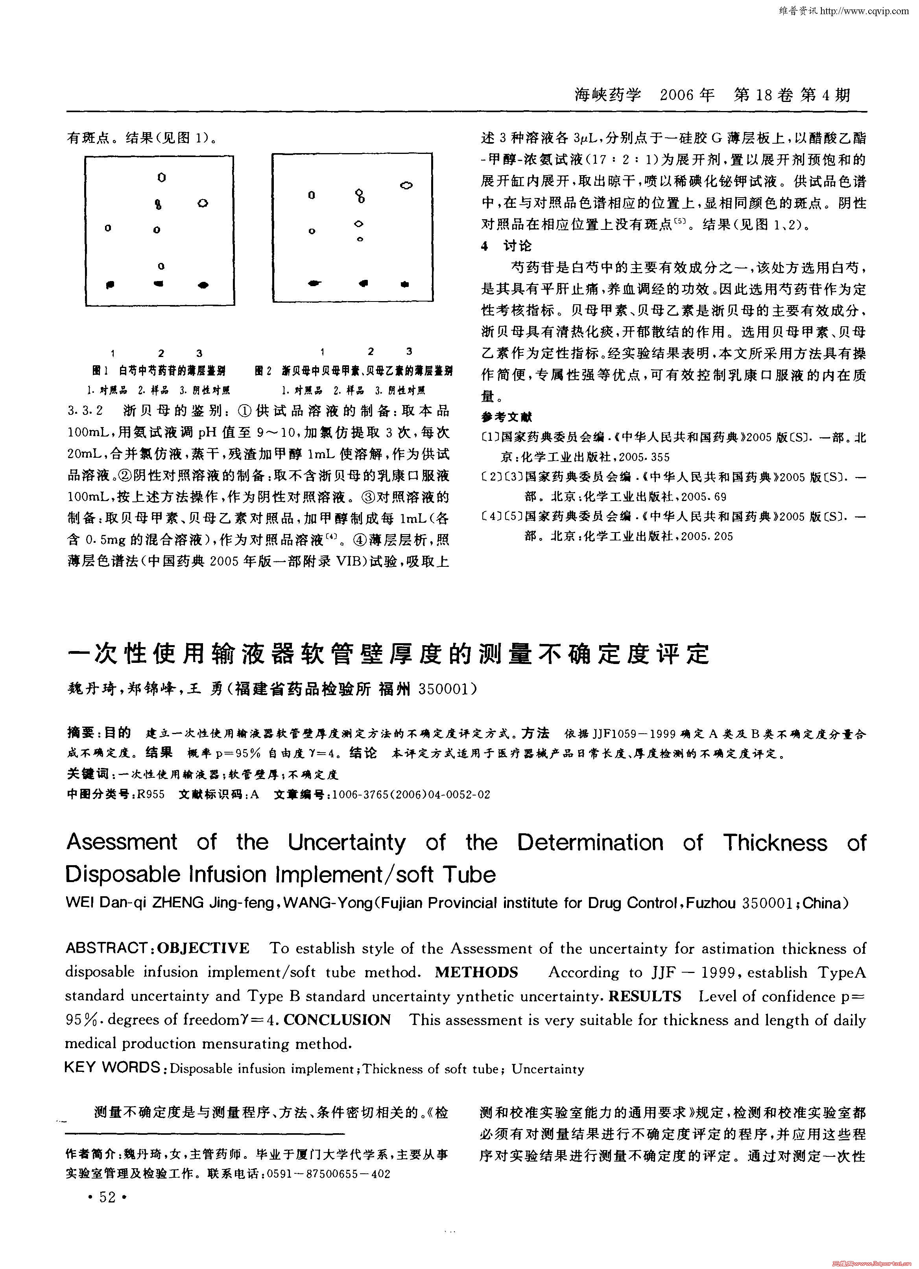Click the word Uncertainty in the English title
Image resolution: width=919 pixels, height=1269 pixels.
347,842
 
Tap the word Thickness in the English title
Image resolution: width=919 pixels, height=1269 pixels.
774,842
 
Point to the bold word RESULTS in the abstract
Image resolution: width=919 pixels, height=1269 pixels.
644,996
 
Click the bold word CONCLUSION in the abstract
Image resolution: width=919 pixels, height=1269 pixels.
337,1019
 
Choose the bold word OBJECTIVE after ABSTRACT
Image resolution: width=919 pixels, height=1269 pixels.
204,948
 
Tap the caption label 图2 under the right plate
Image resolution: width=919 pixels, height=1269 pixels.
262,370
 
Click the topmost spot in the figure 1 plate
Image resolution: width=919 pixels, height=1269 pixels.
162,178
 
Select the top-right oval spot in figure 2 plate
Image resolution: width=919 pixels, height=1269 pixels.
407,185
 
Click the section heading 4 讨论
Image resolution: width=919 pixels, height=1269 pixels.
506,246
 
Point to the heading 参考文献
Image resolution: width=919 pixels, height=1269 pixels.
506,417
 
